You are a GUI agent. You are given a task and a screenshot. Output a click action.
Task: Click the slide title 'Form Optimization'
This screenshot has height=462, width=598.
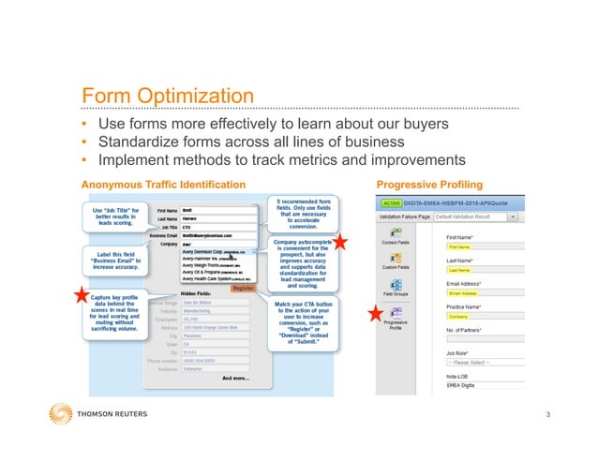click(x=166, y=97)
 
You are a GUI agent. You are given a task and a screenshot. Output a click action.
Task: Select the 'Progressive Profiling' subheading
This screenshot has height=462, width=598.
click(x=428, y=184)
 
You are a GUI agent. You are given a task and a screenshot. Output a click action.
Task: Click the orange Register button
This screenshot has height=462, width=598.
click(x=243, y=288)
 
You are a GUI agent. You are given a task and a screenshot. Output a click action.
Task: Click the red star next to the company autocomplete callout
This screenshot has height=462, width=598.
click(x=341, y=242)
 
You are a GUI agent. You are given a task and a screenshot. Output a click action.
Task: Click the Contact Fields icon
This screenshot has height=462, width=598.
click(x=395, y=232)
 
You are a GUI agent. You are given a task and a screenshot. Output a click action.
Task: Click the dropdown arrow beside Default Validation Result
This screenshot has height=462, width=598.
click(x=514, y=216)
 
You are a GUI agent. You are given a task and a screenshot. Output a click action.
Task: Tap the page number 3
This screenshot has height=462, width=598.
click(x=546, y=413)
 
